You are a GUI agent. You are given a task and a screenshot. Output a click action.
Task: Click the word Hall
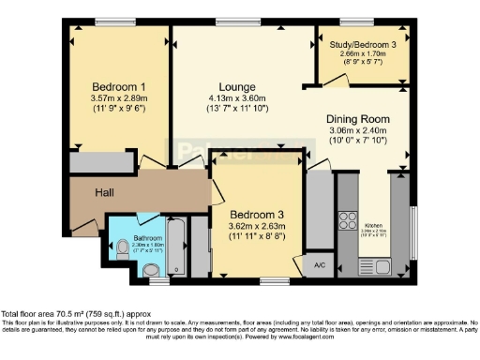[105, 194]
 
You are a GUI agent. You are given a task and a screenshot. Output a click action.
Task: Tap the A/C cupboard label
[319, 264]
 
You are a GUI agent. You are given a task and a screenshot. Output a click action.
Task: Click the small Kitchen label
[374, 226]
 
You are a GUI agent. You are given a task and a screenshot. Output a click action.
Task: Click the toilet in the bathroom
[123, 247]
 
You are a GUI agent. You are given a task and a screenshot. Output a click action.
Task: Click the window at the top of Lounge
[231, 21]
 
